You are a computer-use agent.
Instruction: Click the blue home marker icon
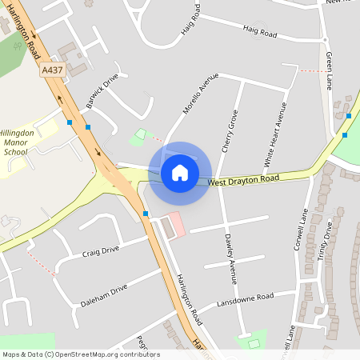[180, 173]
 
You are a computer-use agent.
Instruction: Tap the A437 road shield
[53, 70]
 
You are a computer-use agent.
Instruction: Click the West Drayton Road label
[244, 180]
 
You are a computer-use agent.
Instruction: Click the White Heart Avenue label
[275, 134]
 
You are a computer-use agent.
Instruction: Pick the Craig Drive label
[100, 251]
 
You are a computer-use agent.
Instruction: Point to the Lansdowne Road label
[245, 302]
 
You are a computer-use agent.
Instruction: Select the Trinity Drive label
[327, 248]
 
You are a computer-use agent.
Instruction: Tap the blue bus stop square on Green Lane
[349, 116]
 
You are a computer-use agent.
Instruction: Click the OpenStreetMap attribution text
[80, 354]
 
